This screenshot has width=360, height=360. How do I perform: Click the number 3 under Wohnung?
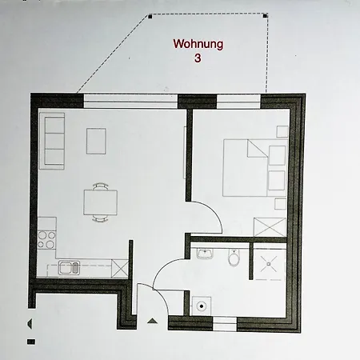click(199, 58)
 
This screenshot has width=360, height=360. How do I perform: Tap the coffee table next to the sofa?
click(97, 141)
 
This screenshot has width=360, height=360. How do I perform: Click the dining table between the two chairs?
click(100, 202)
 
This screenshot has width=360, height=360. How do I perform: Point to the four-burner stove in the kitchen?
click(47, 238)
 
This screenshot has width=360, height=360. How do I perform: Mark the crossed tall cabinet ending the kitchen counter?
click(120, 267)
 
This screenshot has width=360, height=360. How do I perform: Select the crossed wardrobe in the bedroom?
click(269, 226)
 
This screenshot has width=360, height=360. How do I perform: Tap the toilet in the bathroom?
click(234, 258)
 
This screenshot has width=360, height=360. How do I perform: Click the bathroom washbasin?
click(205, 254)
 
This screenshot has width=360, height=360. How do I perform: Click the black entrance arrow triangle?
click(152, 320)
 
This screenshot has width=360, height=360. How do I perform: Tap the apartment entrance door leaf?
click(137, 300)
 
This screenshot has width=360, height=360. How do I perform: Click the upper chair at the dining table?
click(100, 186)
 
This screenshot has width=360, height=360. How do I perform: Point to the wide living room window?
click(130, 100)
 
